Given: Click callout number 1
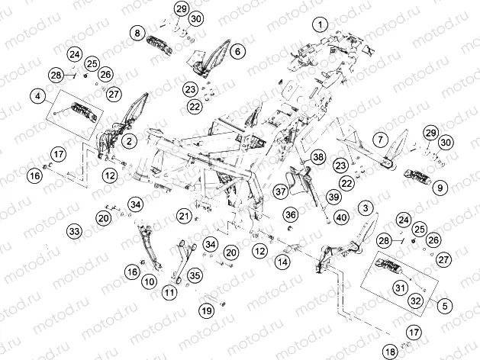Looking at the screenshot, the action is pos(321,24).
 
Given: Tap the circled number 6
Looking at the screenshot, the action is pos(237,51).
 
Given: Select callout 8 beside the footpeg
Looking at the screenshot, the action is pos(137,33).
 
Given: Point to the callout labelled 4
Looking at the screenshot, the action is pos(37,96).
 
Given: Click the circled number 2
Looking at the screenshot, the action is pos(129,141).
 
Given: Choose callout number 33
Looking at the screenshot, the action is pos(74,231).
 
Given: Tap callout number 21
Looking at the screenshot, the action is pos(184,217).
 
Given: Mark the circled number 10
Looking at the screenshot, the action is pos(150,281).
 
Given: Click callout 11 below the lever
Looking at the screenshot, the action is pos(169,293).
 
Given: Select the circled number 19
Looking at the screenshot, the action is pos(207,310).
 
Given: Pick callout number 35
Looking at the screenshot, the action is pos(195,275).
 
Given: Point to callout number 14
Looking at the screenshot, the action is pos(282,262).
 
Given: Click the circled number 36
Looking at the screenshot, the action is pos(291,214).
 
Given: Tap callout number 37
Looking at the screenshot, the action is pos(280,191).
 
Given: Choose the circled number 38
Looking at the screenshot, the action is pos(318,157).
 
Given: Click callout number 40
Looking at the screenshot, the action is pos(341,217).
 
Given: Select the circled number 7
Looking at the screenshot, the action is pos(380,140).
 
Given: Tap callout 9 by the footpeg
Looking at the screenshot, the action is pos(440,187).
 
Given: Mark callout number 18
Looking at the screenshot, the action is pos(390,352).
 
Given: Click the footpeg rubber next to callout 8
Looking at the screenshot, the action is pos(159,47).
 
